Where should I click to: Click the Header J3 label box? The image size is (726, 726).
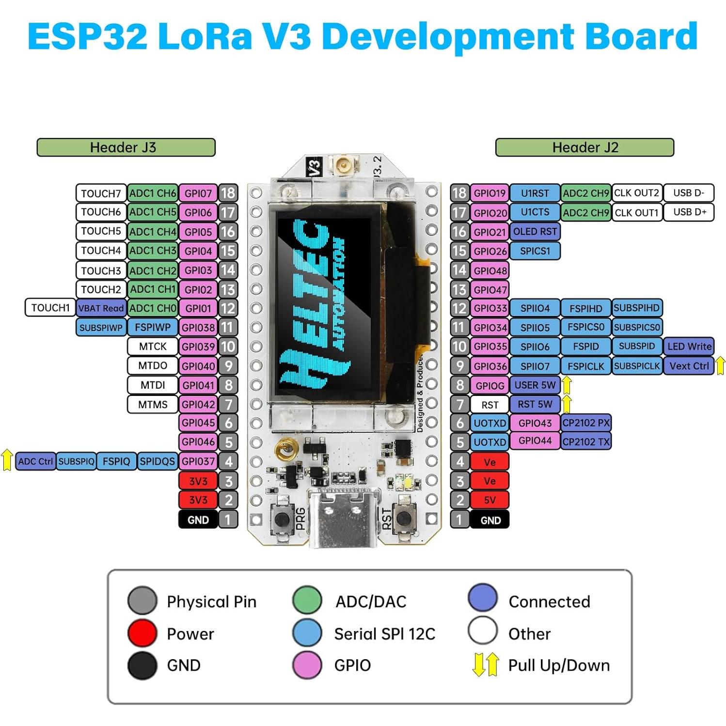click(126, 147)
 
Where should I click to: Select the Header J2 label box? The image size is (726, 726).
click(584, 147)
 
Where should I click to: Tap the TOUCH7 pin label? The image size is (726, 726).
click(101, 193)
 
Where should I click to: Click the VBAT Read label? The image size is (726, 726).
click(101, 308)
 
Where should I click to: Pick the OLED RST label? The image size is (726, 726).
click(535, 232)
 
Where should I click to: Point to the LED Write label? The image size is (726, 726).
click(689, 347)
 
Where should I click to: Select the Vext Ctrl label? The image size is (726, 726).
click(689, 366)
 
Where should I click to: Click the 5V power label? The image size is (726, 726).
click(489, 500)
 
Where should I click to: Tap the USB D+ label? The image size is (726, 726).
click(689, 212)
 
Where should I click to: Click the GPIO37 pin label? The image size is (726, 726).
click(198, 461)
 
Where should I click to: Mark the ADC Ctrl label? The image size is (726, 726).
click(35, 461)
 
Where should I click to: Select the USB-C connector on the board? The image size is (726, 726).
click(343, 519)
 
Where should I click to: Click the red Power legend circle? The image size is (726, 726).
click(142, 633)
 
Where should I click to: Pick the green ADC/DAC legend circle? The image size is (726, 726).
click(307, 600)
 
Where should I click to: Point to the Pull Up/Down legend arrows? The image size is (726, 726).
click(485, 665)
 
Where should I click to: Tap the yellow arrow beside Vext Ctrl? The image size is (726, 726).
click(720, 365)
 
